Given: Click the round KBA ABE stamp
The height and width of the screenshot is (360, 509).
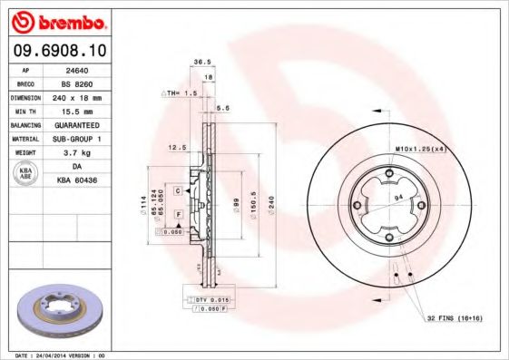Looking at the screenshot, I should [x=25, y=174].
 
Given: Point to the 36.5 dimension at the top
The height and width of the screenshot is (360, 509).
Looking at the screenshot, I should [x=203, y=63].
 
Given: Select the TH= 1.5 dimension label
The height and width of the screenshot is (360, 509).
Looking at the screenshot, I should [x=181, y=93].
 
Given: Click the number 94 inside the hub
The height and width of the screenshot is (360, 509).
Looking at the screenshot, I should [x=397, y=197].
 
